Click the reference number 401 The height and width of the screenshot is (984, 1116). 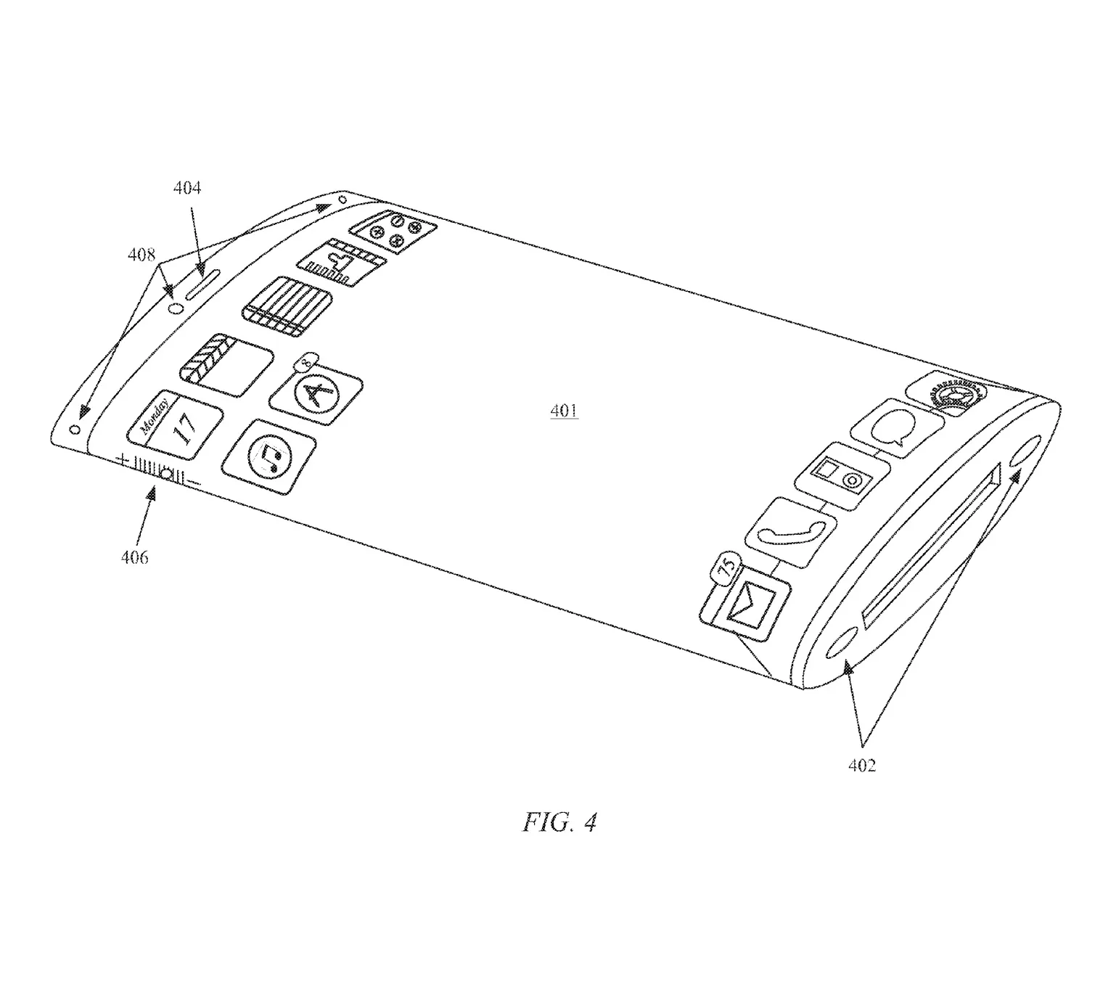click(x=564, y=411)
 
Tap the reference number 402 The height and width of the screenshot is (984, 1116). click(x=861, y=766)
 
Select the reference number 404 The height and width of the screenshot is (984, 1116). click(x=186, y=188)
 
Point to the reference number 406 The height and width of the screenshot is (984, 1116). click(x=134, y=557)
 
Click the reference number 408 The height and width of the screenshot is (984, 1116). click(x=141, y=255)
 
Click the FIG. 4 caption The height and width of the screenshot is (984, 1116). click(x=559, y=822)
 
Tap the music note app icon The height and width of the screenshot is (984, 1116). click(x=269, y=457)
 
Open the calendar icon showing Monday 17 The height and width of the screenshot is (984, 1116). click(x=175, y=425)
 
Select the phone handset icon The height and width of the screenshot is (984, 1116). click(x=790, y=533)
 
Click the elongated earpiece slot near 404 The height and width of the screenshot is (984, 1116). click(x=202, y=284)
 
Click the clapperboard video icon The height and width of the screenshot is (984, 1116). click(x=226, y=365)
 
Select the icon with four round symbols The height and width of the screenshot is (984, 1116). click(x=394, y=229)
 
